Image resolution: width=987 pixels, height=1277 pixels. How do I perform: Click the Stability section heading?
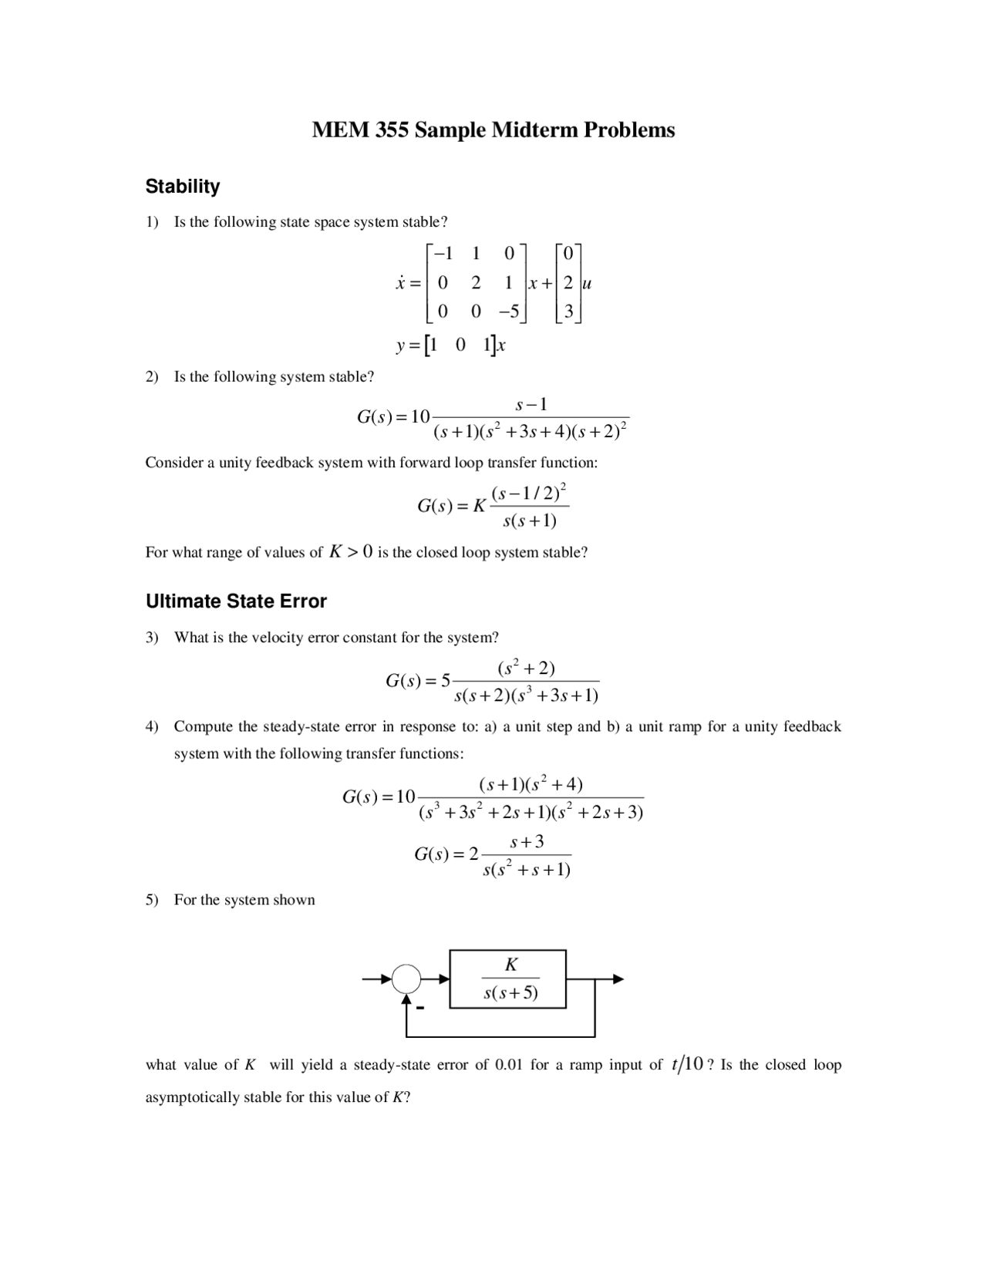coord(183,187)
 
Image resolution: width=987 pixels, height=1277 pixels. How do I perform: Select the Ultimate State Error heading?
coord(236,601)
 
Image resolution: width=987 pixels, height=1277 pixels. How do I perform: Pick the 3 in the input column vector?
coord(568,312)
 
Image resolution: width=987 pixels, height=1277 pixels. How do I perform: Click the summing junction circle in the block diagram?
coord(406,979)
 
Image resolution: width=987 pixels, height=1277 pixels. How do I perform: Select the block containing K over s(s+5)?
coord(508,979)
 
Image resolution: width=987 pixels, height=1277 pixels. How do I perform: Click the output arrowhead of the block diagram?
coord(617,979)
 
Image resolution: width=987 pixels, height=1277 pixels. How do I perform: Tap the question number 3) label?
coord(152,638)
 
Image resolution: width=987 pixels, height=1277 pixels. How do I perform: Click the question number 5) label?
coord(152,900)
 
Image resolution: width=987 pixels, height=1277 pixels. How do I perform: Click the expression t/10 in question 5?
coord(687,1065)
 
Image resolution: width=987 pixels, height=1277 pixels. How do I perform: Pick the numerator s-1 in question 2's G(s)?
coord(531,405)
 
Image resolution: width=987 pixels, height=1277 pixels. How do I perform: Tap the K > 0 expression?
coord(351,552)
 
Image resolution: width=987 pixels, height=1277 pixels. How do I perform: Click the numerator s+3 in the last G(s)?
coord(527,842)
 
